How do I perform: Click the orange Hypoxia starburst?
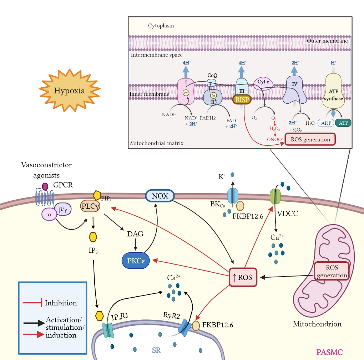pyautogui.click(x=69, y=91)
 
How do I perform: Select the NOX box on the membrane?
pyautogui.click(x=160, y=196)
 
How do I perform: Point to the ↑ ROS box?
pyautogui.click(x=242, y=277)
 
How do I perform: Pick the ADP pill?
pyautogui.click(x=326, y=123)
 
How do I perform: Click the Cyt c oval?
pyautogui.click(x=263, y=82)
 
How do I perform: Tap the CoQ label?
pyautogui.click(x=212, y=76)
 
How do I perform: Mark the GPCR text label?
pyautogui.click(x=63, y=185)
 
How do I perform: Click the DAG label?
pyautogui.click(x=135, y=234)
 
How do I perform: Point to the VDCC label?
pyautogui.click(x=288, y=214)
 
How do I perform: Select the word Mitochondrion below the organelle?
pyautogui.click(x=317, y=324)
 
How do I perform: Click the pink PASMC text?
pyautogui.click(x=329, y=353)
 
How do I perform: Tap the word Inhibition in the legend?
pyautogui.click(x=61, y=303)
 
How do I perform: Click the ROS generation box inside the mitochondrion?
pyautogui.click(x=332, y=271)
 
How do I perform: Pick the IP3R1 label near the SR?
pyautogui.click(x=120, y=317)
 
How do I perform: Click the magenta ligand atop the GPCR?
pyautogui.click(x=45, y=186)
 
